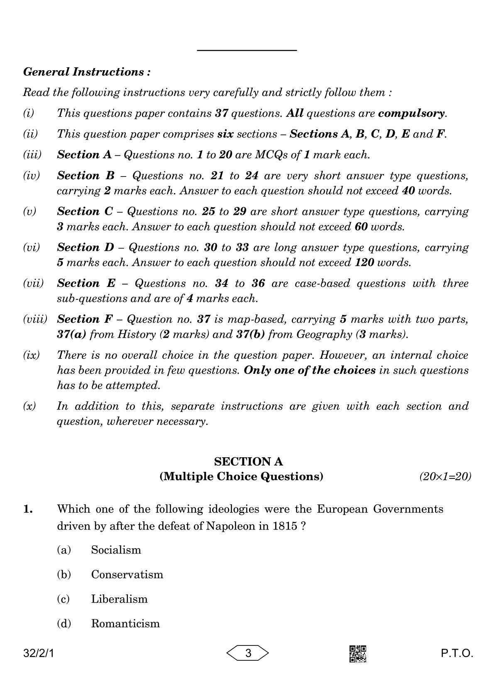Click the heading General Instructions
coord(87,72)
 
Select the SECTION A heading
coord(248,461)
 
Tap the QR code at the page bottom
coord(357,654)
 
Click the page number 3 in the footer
coord(248,653)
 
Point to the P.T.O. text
coord(457,654)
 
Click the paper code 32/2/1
coord(39,654)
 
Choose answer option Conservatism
coord(127,574)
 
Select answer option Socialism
coord(116,550)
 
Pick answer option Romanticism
coord(125,623)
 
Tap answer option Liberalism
coord(119,599)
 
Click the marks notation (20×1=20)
coord(445,476)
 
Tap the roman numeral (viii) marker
coord(35,319)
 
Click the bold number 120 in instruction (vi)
coord(364,262)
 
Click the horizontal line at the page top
coord(247,50)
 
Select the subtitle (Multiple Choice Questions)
coord(241,476)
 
